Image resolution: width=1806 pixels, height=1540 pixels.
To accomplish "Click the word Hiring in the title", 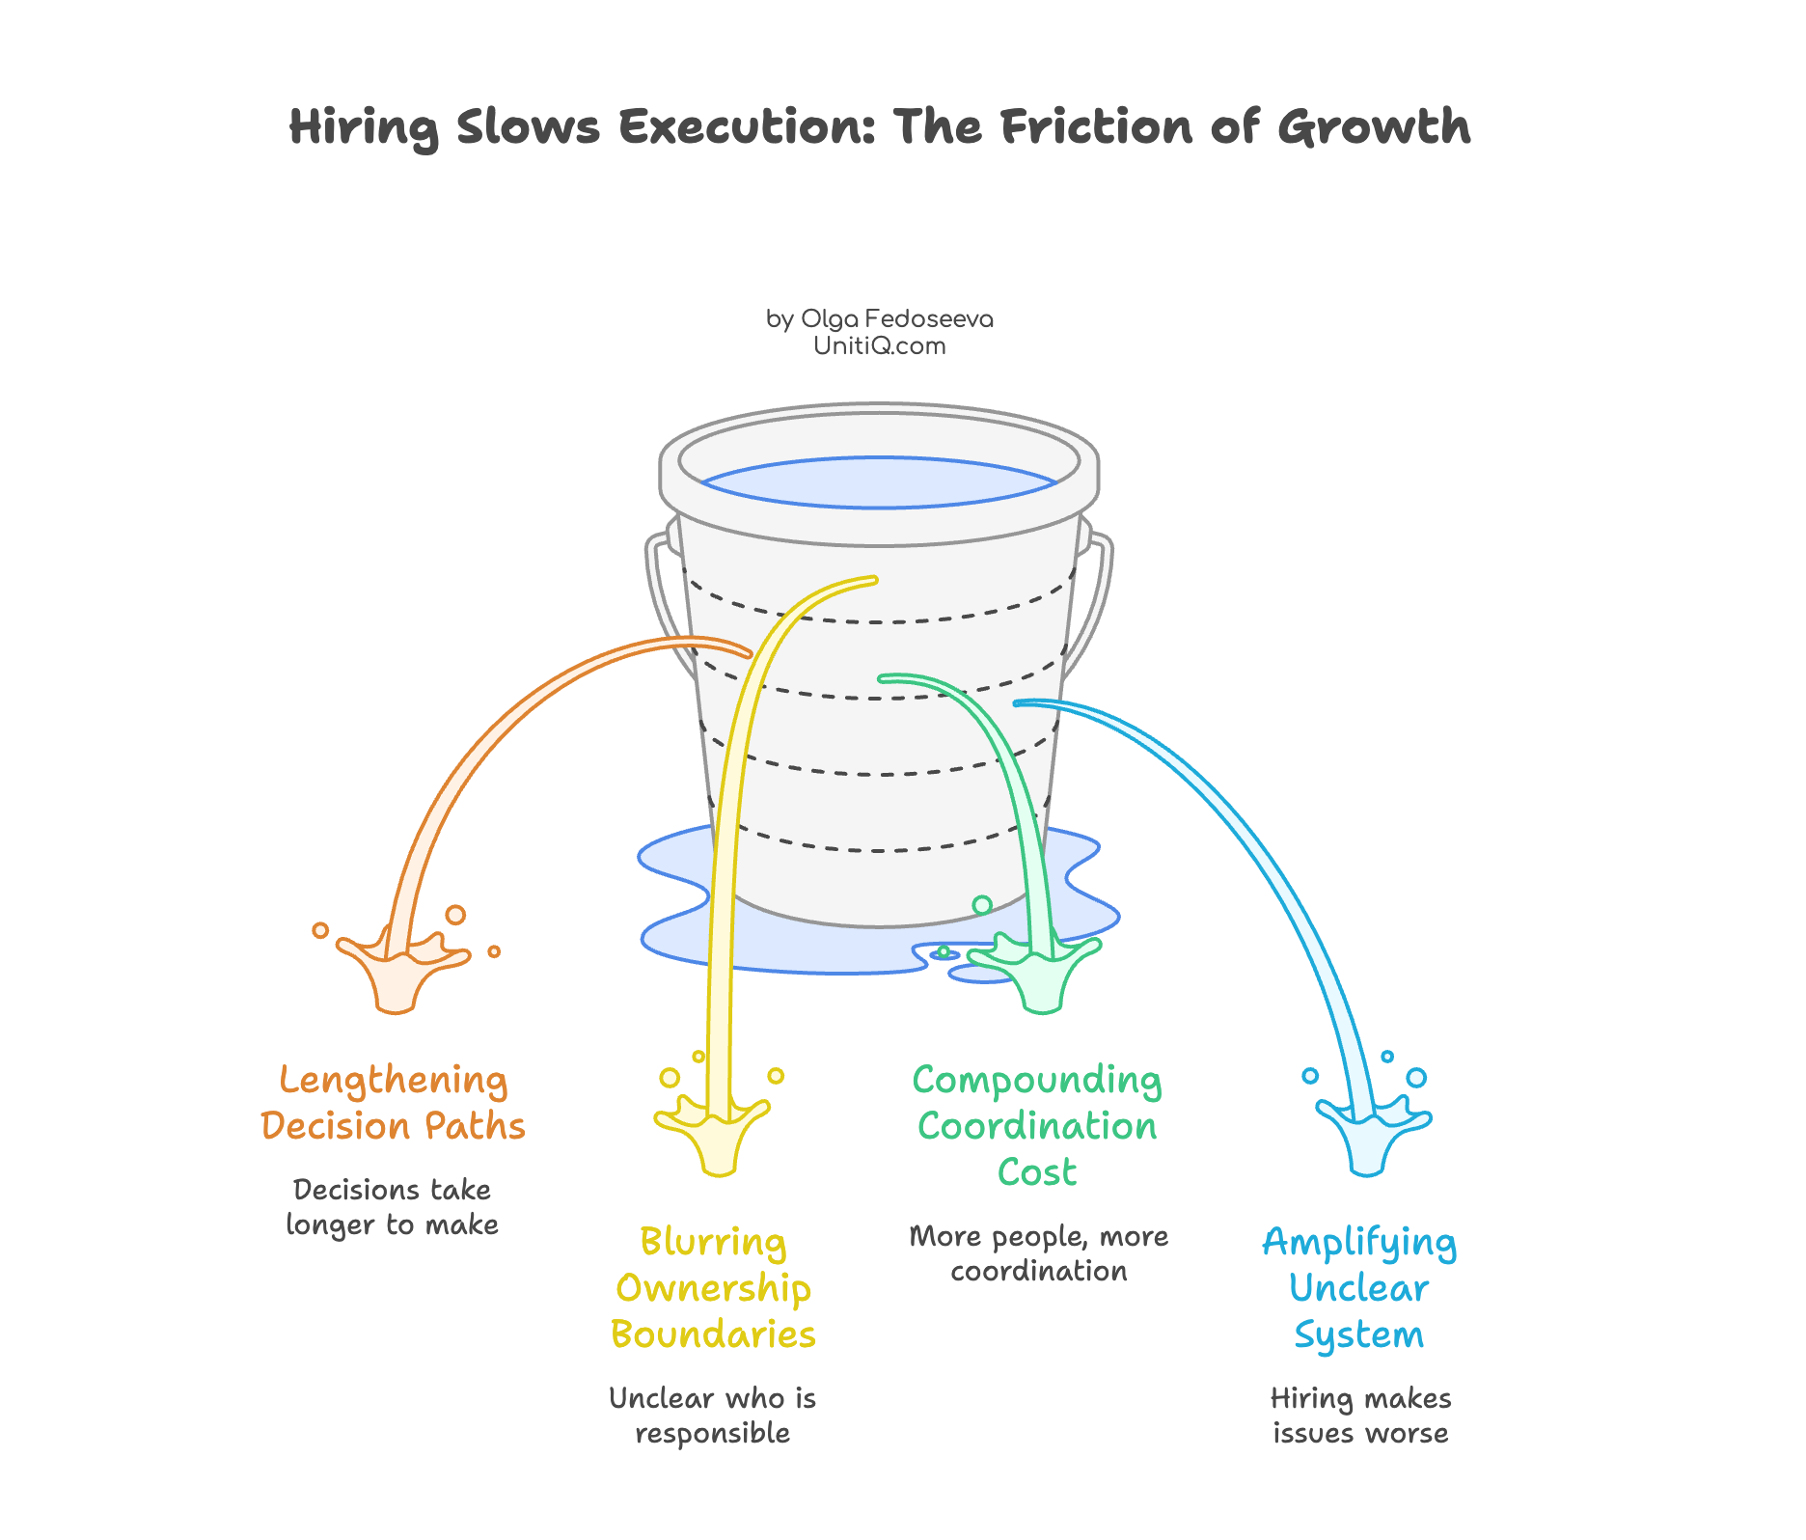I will pyautogui.click(x=364, y=127).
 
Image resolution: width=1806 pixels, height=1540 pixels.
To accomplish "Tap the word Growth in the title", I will pyautogui.click(x=1374, y=127).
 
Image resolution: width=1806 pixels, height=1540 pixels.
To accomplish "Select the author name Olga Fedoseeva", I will pyautogui.click(x=896, y=318).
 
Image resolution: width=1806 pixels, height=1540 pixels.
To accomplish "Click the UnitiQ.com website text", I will pyautogui.click(x=879, y=345).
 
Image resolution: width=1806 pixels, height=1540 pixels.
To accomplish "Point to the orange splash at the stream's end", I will pyautogui.click(x=398, y=970).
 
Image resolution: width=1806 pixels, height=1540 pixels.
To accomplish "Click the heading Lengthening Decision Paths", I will pyautogui.click(x=393, y=1103).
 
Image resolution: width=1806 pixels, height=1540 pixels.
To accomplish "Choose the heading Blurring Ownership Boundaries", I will pyautogui.click(x=713, y=1287).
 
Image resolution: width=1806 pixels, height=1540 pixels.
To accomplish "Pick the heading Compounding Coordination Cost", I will pyautogui.click(x=1037, y=1125).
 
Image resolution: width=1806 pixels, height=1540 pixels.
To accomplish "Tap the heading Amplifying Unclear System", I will pyautogui.click(x=1359, y=1287).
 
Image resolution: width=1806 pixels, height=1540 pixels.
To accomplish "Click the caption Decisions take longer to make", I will pyautogui.click(x=393, y=1206).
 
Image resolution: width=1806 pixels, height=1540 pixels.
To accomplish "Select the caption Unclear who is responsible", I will pyautogui.click(x=713, y=1415).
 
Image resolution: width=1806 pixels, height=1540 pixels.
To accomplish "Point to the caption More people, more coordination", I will pyautogui.click(x=1038, y=1253).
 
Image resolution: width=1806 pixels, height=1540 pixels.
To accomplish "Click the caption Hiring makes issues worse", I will pyautogui.click(x=1360, y=1415).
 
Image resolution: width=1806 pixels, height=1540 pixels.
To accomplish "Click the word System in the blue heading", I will pyautogui.click(x=1358, y=1335).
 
